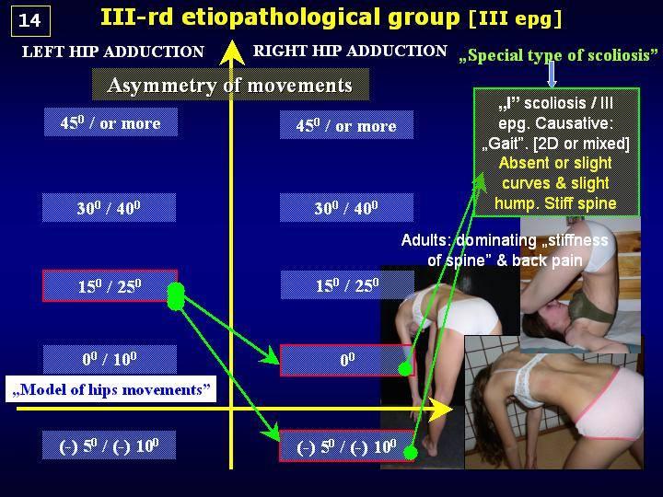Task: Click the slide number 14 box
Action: point(30,20)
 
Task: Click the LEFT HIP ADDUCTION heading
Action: point(113,52)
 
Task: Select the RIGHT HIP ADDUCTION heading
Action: point(350,51)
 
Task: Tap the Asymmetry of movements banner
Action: point(230,85)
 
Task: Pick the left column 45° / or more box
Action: point(110,122)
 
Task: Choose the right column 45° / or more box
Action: point(346,124)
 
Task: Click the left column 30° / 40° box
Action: point(109,207)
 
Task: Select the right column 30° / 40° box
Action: point(346,207)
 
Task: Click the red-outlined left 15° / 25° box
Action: point(110,285)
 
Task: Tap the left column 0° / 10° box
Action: point(110,359)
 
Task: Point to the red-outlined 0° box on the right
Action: point(347,360)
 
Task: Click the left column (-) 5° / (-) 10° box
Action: point(109,445)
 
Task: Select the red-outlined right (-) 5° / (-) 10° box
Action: point(347,446)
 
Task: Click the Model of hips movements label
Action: point(110,388)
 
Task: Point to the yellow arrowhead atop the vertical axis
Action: point(232,52)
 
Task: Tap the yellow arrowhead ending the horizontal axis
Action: point(440,409)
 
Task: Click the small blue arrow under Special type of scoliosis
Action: point(552,75)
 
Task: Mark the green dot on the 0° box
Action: point(405,368)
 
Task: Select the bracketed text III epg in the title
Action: point(516,19)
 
